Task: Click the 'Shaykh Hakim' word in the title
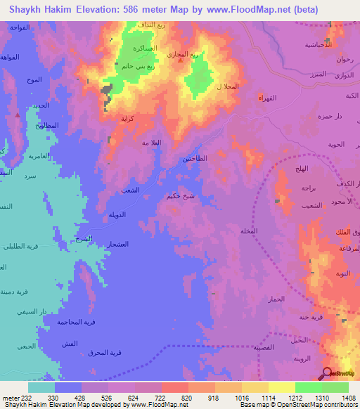39,10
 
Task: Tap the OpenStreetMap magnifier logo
328,372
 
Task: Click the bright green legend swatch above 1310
308,387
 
